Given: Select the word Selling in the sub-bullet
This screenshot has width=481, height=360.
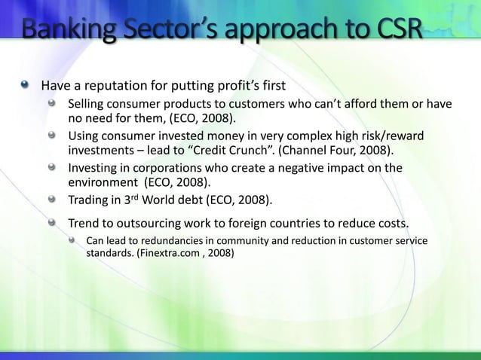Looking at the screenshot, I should point(89,102).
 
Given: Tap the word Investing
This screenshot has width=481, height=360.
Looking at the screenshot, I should point(96,167).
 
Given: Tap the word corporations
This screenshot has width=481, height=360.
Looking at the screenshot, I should point(174,167).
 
